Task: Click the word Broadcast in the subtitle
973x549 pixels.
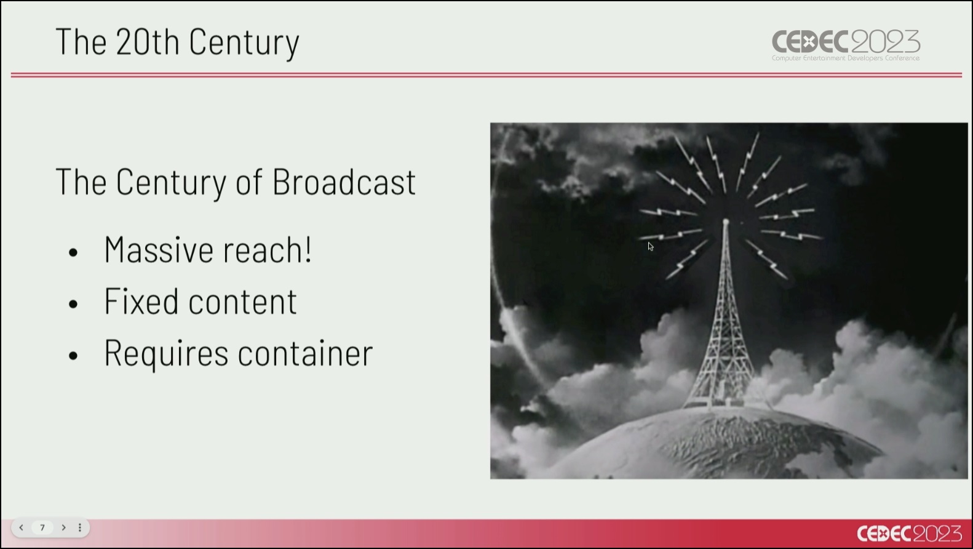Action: tap(344, 182)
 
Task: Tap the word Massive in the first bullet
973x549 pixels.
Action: tap(159, 250)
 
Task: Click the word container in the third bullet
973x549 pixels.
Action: tap(305, 353)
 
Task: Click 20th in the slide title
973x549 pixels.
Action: tap(148, 41)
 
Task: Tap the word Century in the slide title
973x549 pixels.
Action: tap(244, 42)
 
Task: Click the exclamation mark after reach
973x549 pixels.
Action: tap(308, 249)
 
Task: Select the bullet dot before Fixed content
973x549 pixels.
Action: tap(73, 304)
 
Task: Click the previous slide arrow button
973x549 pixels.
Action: tap(22, 527)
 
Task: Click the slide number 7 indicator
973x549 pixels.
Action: tap(42, 527)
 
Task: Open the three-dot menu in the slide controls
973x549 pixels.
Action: tap(80, 527)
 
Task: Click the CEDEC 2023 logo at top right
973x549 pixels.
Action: tap(846, 45)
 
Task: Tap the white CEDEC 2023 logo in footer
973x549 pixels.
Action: tap(910, 534)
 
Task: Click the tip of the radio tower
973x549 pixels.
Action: tap(725, 221)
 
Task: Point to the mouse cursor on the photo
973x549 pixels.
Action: tap(650, 246)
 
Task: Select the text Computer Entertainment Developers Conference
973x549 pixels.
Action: tap(846, 58)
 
